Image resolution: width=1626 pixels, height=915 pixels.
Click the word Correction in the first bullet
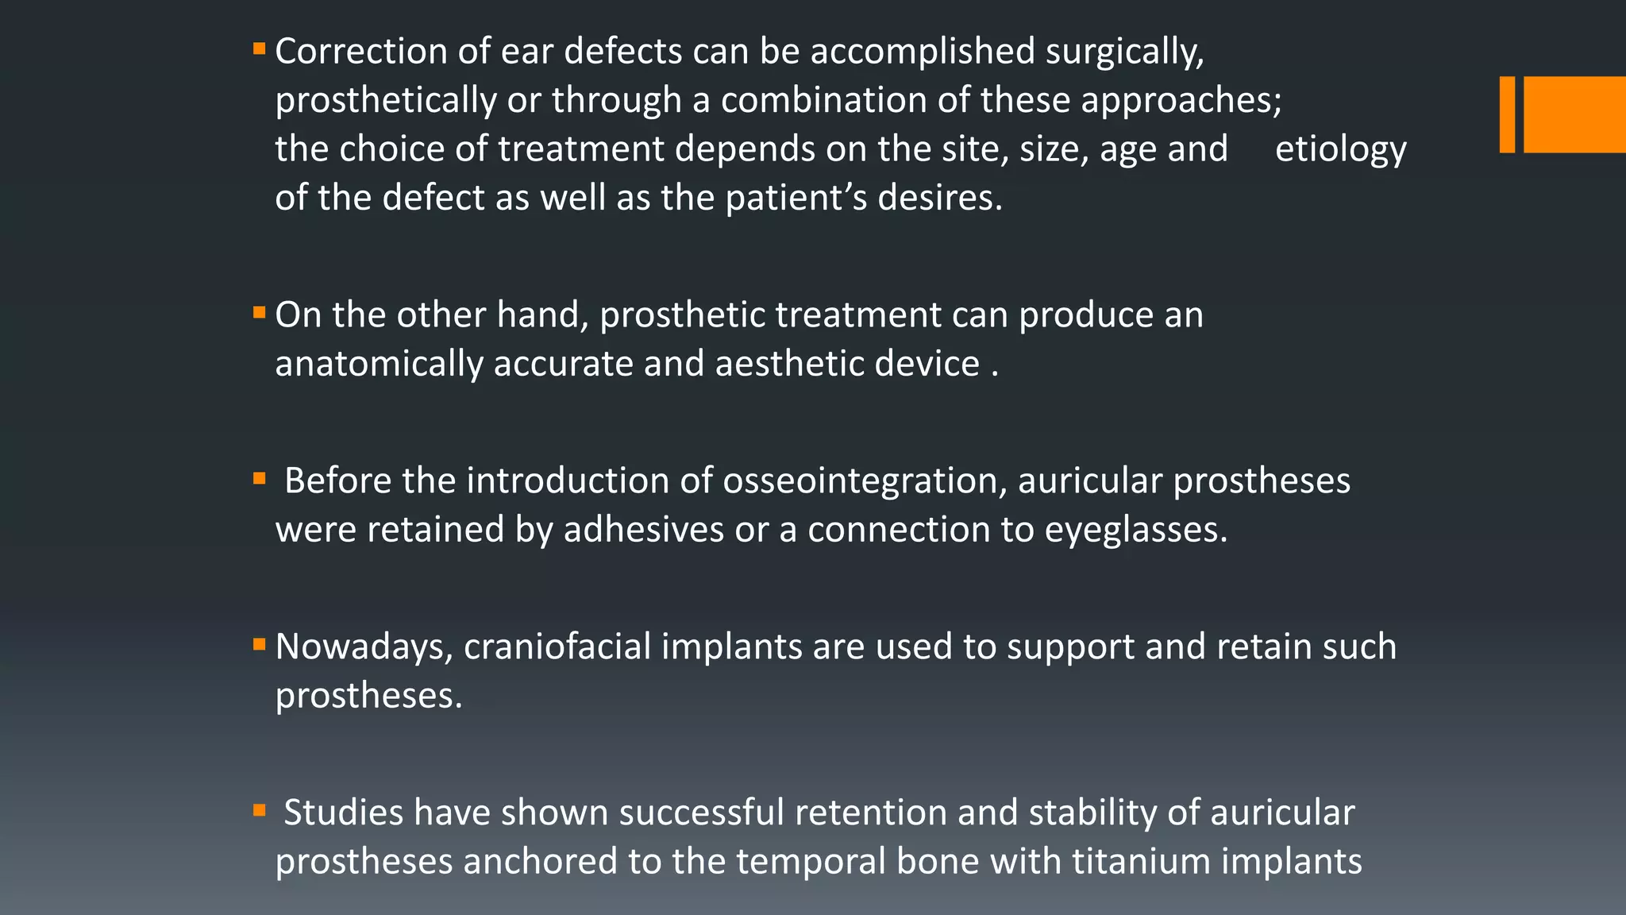[360, 52]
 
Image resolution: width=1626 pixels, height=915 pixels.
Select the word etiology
[1340, 150]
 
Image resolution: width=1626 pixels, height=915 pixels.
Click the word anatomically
[379, 365]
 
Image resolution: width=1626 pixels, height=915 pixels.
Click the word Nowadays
[364, 647]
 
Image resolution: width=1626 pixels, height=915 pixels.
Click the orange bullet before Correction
[259, 49]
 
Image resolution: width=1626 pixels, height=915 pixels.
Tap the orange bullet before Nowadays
[259, 644]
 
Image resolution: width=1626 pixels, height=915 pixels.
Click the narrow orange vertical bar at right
[1507, 114]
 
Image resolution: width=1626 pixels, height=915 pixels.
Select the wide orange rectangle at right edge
[1574, 114]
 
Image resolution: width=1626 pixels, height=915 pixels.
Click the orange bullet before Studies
[259, 811]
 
